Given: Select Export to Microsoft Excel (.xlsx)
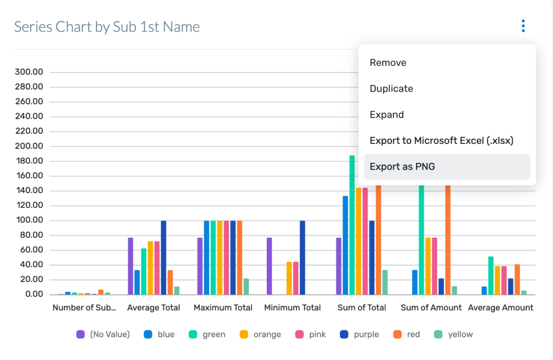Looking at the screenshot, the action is pos(441,141).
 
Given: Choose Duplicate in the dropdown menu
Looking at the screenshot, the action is pos(391,89).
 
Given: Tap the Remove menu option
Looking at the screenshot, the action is pos(388,63).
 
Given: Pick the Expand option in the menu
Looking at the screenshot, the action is pos(386,114).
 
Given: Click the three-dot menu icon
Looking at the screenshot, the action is pos(523,26).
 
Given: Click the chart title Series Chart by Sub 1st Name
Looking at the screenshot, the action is pos(107,27).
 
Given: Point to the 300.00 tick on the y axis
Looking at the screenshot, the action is pos(29,72).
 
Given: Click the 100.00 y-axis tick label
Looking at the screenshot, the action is pos(29,220).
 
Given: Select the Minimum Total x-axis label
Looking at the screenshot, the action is pos(293,308).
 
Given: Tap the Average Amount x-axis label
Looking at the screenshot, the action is pos(500,308).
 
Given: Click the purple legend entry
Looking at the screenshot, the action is pos(360,334).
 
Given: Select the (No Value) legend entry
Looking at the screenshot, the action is pos(103,334).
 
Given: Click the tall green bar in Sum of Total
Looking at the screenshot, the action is pos(352,225).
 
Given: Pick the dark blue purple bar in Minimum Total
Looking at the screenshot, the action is pos(303,258).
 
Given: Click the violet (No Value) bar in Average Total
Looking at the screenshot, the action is pos(131,266).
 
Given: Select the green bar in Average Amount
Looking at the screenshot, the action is pos(491,275).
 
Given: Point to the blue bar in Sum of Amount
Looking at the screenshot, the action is pos(415,282).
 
